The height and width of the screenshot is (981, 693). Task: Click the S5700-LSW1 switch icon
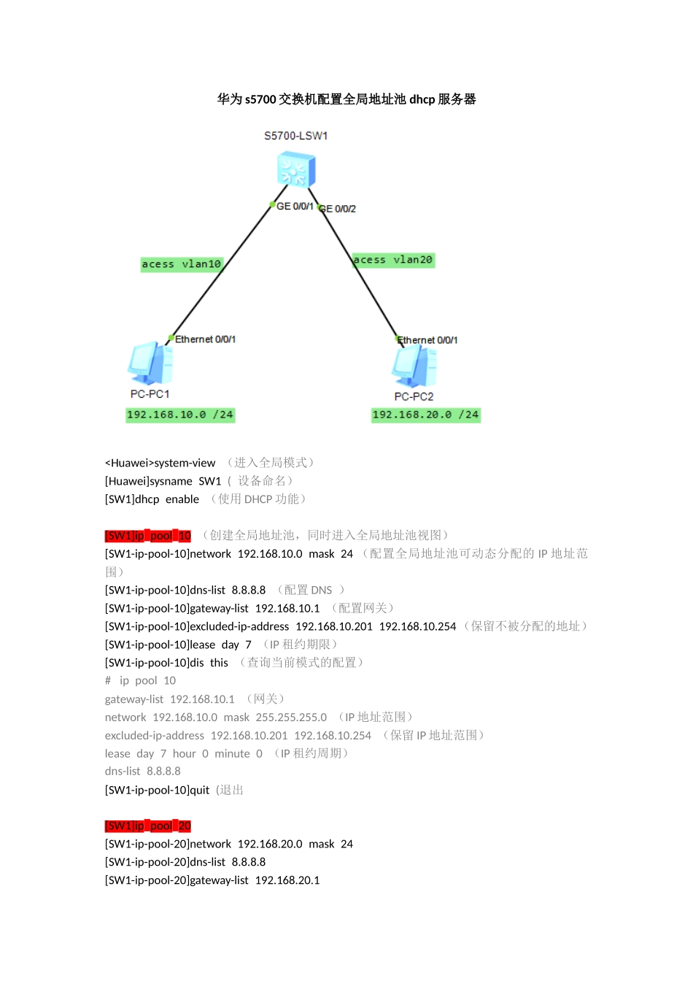pos(296,171)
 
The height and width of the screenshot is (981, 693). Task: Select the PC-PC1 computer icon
pos(151,363)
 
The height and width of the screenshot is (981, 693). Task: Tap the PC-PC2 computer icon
pos(414,366)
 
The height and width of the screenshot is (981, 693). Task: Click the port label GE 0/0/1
pos(295,207)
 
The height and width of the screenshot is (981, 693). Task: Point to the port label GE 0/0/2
pos(338,209)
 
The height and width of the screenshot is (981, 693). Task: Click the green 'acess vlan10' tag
pos(181,264)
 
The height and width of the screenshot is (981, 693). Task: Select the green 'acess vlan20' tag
pos(393,260)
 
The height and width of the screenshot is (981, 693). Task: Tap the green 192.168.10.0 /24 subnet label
pos(180,415)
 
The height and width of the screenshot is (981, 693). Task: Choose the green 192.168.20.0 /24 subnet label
pos(425,415)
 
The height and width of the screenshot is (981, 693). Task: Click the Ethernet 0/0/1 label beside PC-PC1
pos(205,339)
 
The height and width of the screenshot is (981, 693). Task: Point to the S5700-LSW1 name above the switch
pos(296,136)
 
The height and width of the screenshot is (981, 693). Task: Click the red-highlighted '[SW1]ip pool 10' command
pos(148,536)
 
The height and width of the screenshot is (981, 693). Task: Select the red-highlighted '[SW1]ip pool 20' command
pos(148,826)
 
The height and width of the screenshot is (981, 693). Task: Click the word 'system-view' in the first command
pos(185,463)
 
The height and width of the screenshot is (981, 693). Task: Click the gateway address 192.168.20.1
pos(287,880)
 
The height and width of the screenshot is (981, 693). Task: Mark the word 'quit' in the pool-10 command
pos(199,790)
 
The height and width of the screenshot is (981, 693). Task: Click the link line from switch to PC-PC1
pos(219,274)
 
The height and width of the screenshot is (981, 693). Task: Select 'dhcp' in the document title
pos(422,99)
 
